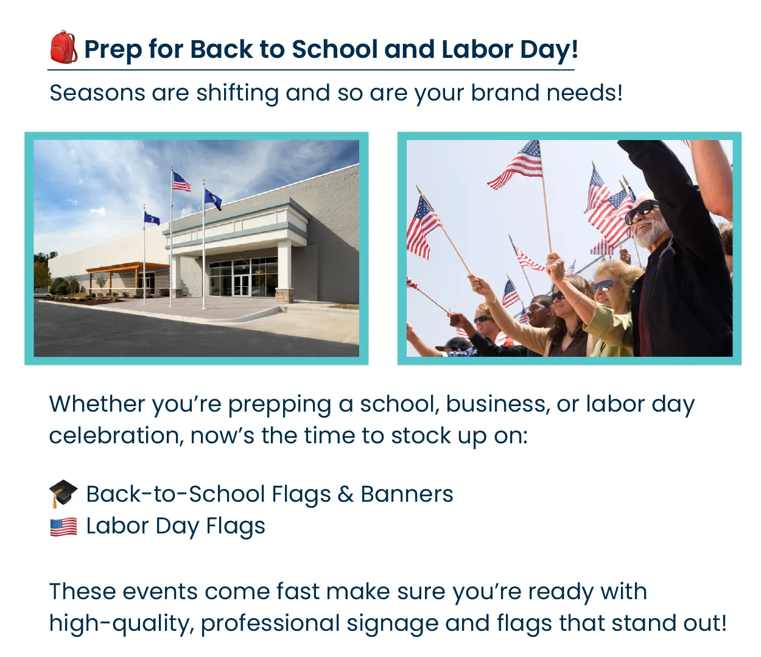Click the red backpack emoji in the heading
[x=63, y=47]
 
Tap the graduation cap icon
[x=63, y=493]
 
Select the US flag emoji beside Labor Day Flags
[x=63, y=526]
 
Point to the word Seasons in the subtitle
[x=97, y=93]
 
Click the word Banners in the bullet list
[x=407, y=494]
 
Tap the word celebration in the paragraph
[x=116, y=436]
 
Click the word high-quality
[x=121, y=624]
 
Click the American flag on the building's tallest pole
[x=181, y=181]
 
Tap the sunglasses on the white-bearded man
[x=640, y=211]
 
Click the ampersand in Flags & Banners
[x=345, y=494]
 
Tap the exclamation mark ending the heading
[x=574, y=49]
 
